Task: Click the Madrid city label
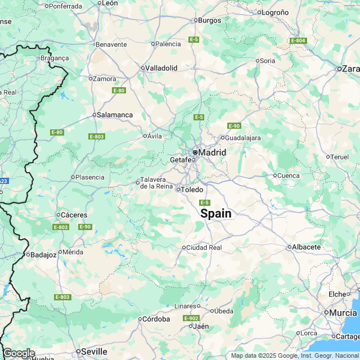(213, 152)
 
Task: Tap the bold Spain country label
(216, 214)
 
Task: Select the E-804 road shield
(298, 40)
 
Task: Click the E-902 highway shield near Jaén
(191, 318)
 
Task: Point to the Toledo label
(192, 190)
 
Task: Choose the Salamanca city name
(115, 115)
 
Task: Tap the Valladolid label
(161, 68)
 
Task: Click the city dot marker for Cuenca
(275, 175)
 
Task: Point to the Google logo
(19, 353)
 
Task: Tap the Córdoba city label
(156, 319)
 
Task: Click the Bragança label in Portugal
(55, 58)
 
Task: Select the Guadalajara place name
(242, 138)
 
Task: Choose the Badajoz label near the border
(43, 254)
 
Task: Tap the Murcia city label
(344, 312)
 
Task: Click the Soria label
(267, 61)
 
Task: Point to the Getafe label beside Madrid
(181, 160)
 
